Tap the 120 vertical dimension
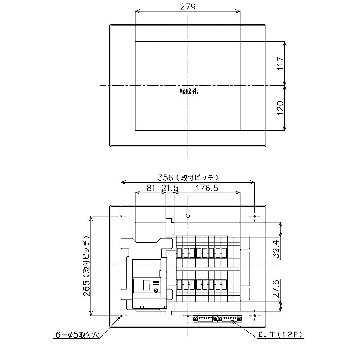[x=279, y=108]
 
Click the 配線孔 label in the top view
[x=188, y=91]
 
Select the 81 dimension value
[x=151, y=189]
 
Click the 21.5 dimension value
[x=170, y=189]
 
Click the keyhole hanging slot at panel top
[x=188, y=214]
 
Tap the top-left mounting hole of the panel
[x=121, y=217]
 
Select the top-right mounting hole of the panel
[x=255, y=217]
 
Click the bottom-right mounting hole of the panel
[x=255, y=316]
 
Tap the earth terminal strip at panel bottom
[x=218, y=318]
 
